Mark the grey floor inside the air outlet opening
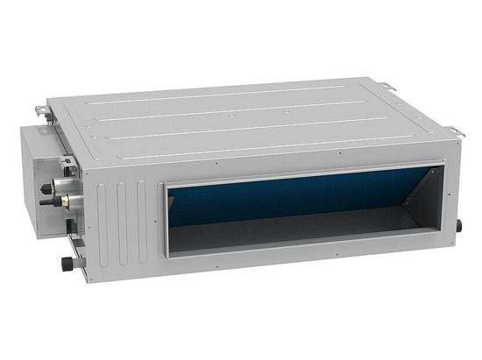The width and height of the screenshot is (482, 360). point(289,235)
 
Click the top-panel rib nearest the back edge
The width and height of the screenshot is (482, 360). point(219,96)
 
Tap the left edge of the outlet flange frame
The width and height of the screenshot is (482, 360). point(162,219)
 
